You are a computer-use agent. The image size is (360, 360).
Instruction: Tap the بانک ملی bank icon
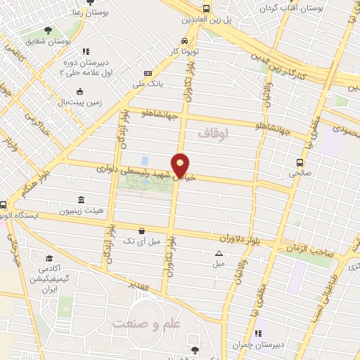point(148,74)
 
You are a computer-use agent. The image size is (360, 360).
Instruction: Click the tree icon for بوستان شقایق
point(48,30)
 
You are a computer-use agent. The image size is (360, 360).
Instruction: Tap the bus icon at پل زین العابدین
point(206,8)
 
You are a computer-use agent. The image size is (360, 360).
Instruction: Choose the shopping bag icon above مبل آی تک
point(142,230)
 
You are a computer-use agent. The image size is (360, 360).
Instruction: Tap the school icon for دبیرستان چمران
point(257,333)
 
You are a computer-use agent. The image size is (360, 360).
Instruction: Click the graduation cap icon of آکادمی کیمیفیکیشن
point(49,258)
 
